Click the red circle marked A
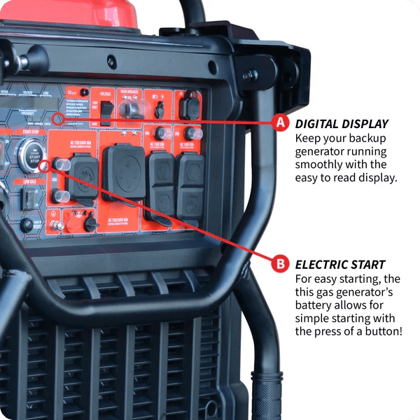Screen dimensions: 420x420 point(280,123)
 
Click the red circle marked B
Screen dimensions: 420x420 point(280,264)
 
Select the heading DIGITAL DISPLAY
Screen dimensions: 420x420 point(342,124)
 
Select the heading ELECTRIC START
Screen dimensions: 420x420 point(340,265)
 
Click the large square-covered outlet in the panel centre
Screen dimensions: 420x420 point(123,170)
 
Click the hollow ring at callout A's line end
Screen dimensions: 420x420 point(57,118)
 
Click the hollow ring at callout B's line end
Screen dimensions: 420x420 point(44,166)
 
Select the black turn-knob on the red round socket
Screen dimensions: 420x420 point(90,223)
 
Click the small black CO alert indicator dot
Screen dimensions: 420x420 point(84,92)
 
